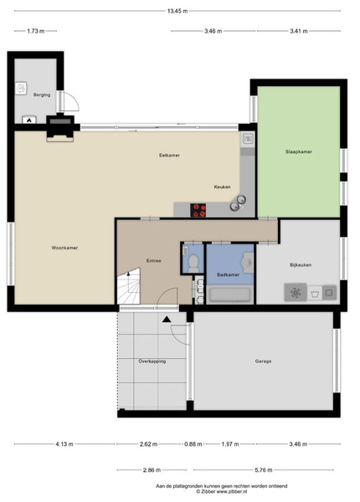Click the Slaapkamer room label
click(299, 151)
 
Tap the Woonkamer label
click(64, 248)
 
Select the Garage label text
click(263, 361)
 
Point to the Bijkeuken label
click(301, 265)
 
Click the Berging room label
click(42, 95)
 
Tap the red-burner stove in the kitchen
click(198, 210)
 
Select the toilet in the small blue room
click(193, 264)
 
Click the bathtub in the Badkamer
click(230, 295)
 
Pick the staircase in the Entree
click(129, 286)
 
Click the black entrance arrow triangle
click(167, 319)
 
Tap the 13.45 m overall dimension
click(177, 11)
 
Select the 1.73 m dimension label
click(36, 31)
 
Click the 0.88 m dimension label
click(193, 444)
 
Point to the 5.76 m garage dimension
click(264, 470)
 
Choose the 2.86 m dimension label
click(152, 470)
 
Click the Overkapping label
click(152, 361)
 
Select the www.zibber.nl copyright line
click(222, 491)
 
